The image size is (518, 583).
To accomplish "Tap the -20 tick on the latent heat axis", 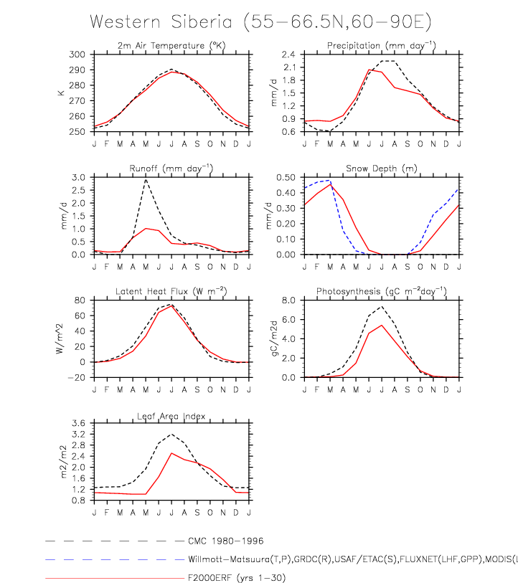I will click(x=79, y=377).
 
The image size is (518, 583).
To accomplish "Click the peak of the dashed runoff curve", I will click(x=146, y=179).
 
